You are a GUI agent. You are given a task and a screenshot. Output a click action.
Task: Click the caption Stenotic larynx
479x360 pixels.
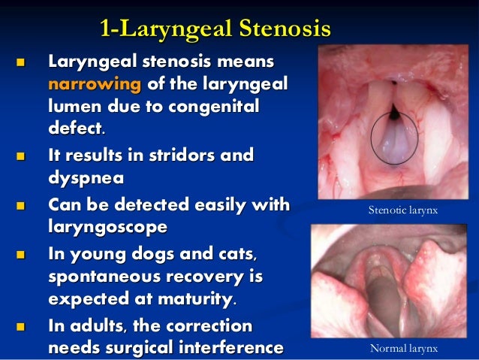tap(402, 211)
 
